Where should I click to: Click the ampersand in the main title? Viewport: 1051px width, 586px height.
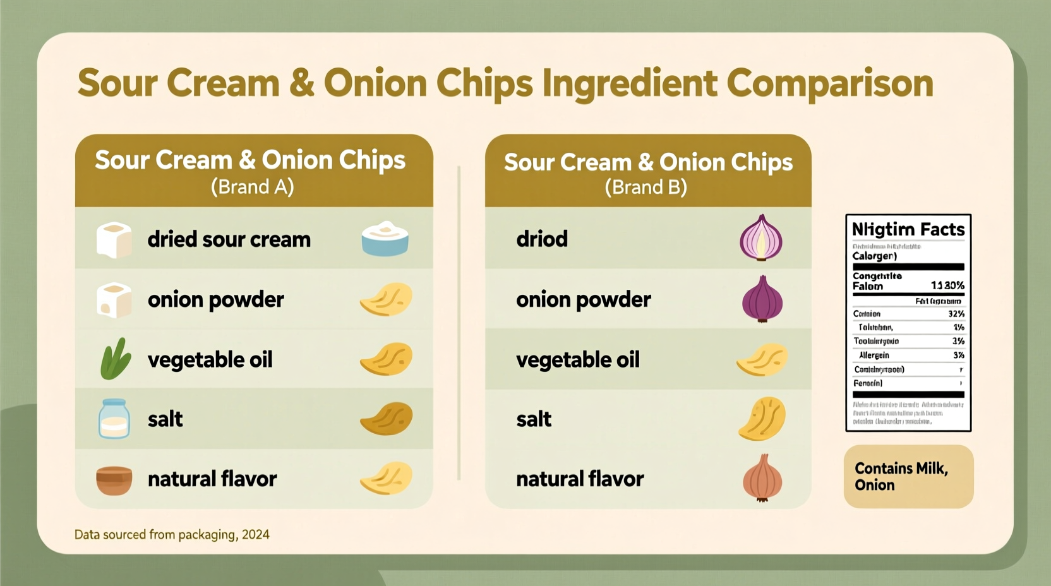click(302, 84)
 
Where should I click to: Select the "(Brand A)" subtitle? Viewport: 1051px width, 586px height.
click(252, 187)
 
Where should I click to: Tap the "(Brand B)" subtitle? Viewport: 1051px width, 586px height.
click(646, 188)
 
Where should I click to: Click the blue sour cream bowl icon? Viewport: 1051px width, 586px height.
click(385, 239)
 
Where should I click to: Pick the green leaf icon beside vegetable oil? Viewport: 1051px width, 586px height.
click(116, 359)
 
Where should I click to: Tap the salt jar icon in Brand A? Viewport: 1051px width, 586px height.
click(114, 419)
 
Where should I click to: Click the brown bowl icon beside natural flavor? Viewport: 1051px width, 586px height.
click(114, 480)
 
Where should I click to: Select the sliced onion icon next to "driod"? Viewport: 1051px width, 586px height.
click(761, 238)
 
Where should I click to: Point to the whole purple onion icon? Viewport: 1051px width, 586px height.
click(762, 299)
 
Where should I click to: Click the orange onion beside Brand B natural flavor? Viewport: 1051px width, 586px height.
click(762, 478)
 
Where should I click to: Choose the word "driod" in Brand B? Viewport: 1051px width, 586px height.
click(542, 239)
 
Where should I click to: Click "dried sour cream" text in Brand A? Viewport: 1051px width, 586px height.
click(229, 240)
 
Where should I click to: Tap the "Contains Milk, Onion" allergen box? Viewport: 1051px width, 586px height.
click(908, 476)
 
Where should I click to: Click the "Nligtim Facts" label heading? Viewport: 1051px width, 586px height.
click(908, 229)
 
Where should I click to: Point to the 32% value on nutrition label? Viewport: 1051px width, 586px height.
click(956, 314)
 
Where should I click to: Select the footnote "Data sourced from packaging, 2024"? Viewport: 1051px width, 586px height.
click(172, 535)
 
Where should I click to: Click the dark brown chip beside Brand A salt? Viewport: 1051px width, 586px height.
click(386, 419)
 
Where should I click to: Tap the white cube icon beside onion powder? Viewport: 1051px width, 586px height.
click(114, 300)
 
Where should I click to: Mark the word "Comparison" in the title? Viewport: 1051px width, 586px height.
click(829, 84)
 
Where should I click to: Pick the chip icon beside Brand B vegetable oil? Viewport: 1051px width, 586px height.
click(762, 359)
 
